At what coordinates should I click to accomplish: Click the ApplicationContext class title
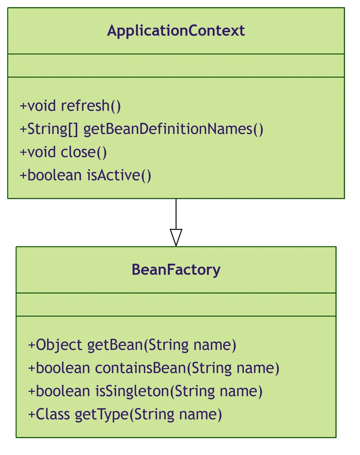176,31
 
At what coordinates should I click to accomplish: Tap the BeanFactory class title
176,270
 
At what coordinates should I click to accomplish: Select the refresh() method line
70,106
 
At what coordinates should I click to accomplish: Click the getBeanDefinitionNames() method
141,129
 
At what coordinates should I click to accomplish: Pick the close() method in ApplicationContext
63,153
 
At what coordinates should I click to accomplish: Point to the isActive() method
85,176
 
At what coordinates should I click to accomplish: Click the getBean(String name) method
132,345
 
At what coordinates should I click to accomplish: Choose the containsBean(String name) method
154,368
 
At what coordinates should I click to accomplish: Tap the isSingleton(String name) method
145,391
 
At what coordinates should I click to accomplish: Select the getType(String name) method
125,415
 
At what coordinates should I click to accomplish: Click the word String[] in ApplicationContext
53,129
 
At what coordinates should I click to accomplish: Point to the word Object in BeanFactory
59,345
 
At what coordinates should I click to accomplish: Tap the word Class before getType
53,415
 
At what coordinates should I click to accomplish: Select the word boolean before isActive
55,176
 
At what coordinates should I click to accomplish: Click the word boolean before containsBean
63,368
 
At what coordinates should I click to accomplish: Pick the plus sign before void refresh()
23,106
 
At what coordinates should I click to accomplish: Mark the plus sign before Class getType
32,415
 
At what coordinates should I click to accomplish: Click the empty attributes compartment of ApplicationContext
176,66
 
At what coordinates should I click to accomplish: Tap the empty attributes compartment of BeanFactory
176,305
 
